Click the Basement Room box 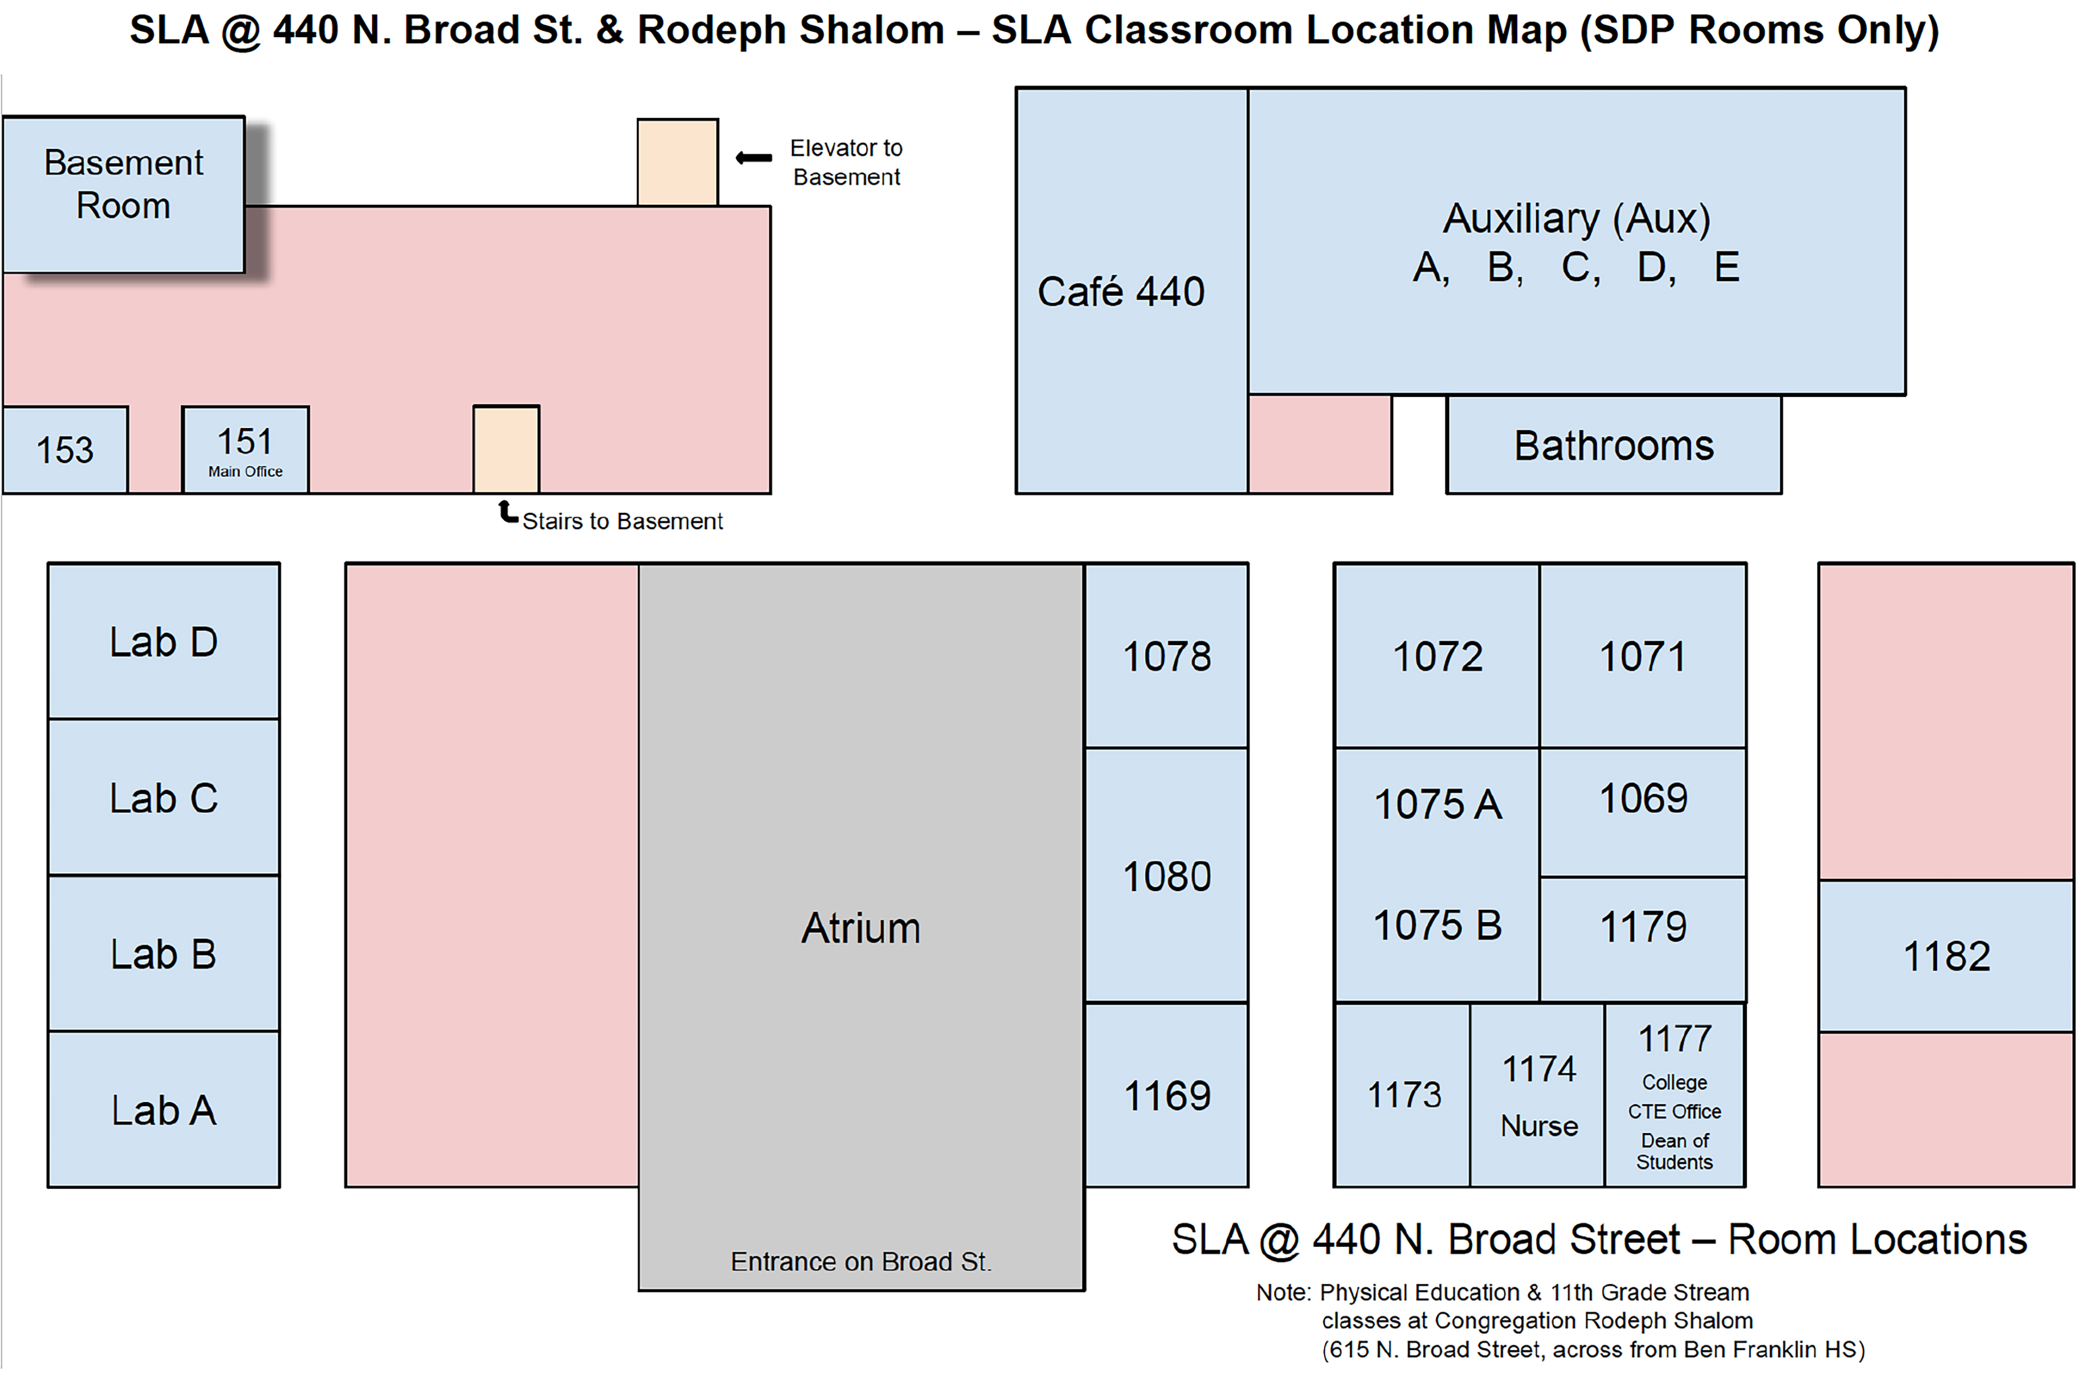point(124,195)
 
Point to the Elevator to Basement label point(846,162)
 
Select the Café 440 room point(1132,290)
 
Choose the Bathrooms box point(1614,445)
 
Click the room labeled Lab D point(164,641)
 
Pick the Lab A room point(164,1110)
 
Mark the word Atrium point(861,928)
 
